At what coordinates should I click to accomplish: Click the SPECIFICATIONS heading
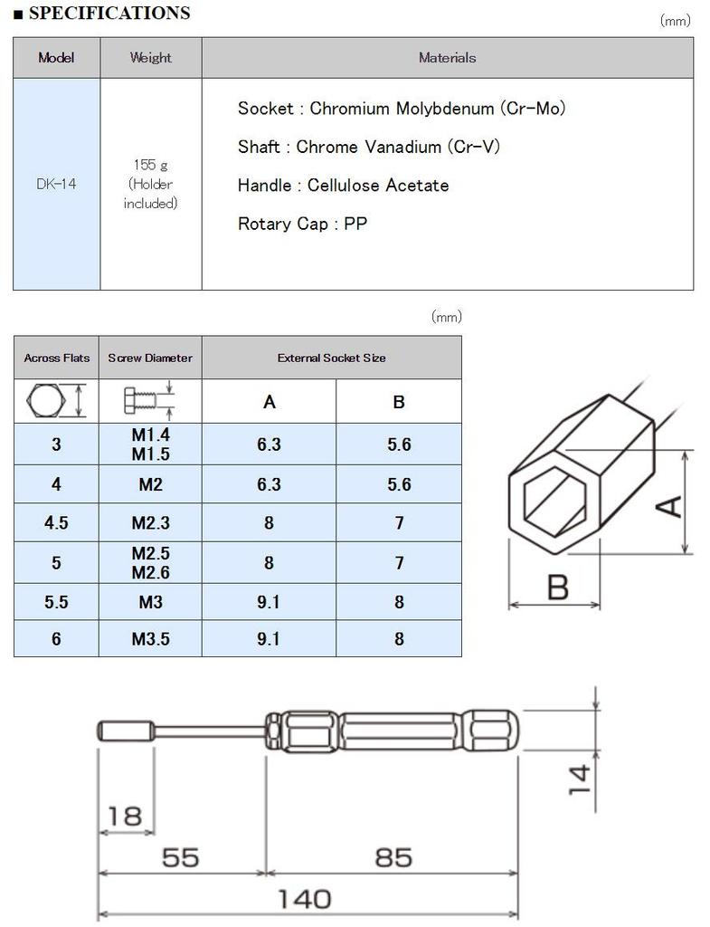tap(109, 14)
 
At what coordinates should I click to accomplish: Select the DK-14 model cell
tap(56, 184)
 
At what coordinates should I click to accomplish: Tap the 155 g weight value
tap(150, 165)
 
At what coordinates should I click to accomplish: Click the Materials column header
tap(447, 58)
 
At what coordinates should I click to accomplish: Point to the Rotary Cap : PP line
tap(302, 224)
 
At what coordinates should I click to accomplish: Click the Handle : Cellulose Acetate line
tap(343, 186)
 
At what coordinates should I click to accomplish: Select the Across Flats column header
tap(56, 358)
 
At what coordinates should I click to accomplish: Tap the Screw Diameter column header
tap(150, 358)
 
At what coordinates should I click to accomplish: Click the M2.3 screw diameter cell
tap(150, 523)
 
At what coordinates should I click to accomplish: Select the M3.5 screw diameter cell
tap(150, 639)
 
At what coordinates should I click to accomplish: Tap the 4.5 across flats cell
tap(56, 523)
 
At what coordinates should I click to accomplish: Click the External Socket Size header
tap(331, 358)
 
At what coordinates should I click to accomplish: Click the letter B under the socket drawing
tap(558, 587)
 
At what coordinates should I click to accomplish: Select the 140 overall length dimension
tap(304, 899)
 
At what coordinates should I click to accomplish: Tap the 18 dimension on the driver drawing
tap(125, 816)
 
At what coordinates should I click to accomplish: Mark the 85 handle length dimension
tap(393, 856)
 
